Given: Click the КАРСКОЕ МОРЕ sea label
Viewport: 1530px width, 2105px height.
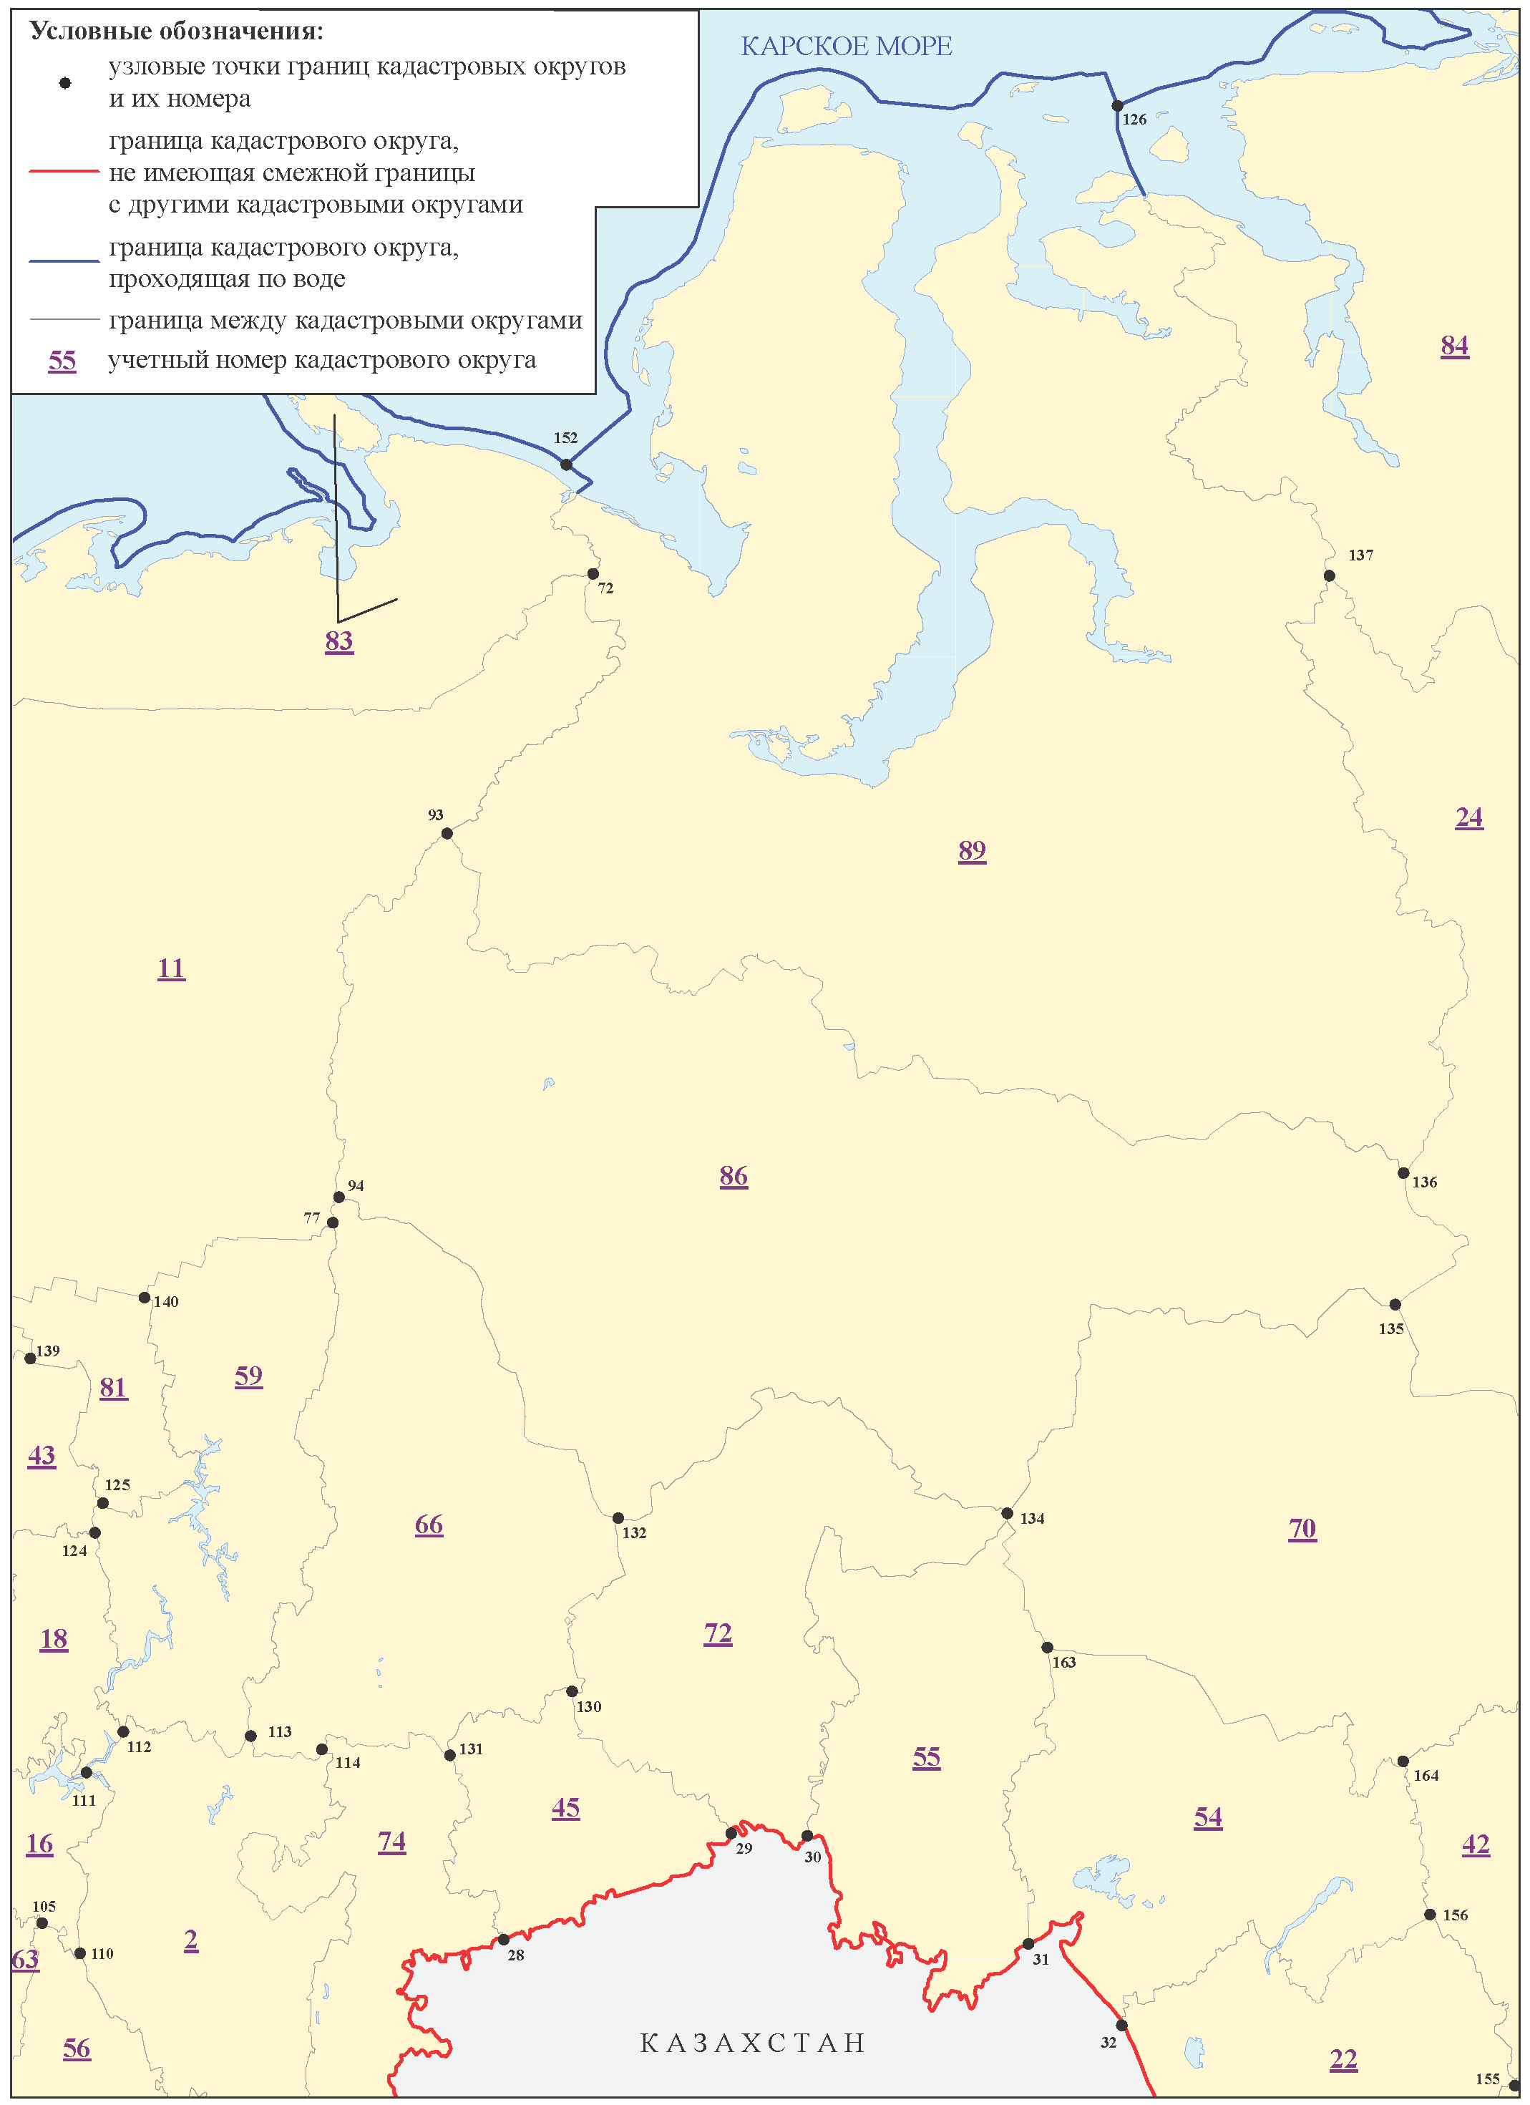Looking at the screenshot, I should click(x=845, y=46).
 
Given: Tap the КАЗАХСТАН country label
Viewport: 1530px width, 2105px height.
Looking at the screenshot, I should click(x=752, y=2043).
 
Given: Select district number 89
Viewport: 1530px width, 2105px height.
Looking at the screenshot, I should click(x=971, y=850).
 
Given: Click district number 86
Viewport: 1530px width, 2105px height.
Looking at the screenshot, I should click(x=733, y=1176).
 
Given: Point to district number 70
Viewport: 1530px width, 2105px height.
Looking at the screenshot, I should click(x=1302, y=1529).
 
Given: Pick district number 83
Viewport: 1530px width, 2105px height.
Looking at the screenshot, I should click(x=338, y=641).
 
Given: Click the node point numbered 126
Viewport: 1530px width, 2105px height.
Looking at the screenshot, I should click(x=1117, y=106).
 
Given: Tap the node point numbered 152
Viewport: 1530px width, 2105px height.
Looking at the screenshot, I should click(x=566, y=464).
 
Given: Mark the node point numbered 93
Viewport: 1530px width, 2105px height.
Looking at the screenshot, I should click(x=447, y=833).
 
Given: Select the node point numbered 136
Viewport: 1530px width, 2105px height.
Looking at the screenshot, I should click(x=1403, y=1173).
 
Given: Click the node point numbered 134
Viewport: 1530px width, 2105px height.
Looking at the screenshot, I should click(x=1007, y=1514).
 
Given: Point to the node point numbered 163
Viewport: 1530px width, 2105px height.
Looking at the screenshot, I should click(x=1047, y=1648).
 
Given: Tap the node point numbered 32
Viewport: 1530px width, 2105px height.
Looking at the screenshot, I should click(x=1121, y=2025).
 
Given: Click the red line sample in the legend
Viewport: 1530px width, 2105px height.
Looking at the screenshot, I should click(x=64, y=172).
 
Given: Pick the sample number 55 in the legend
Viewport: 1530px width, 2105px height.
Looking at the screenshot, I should click(x=62, y=360).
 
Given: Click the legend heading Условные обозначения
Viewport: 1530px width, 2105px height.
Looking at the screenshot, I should click(x=176, y=31).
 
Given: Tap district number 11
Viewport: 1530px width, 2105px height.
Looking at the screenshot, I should click(x=171, y=968).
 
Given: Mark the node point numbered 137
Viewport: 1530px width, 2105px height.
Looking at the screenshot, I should click(x=1329, y=575).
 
